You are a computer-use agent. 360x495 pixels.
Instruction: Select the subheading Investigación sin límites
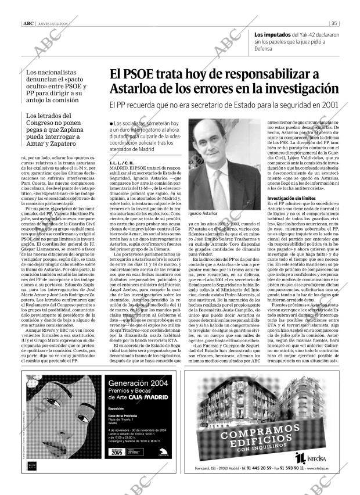pos(291,198)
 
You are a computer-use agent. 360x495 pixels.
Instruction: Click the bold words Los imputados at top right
pos(272,34)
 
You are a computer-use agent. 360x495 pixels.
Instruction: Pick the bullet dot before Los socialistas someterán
pos(111,124)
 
